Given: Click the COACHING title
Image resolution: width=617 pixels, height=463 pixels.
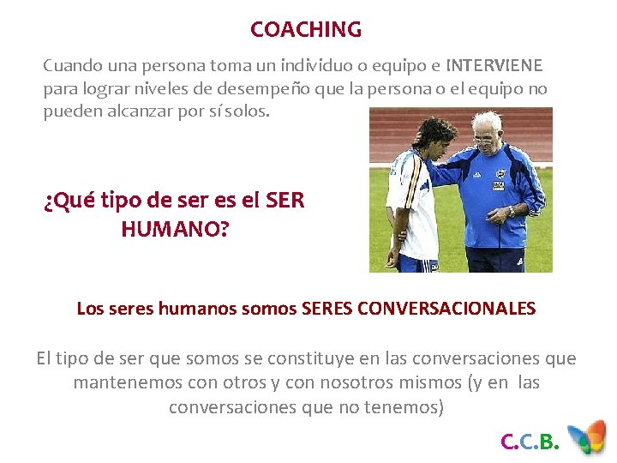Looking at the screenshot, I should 306,29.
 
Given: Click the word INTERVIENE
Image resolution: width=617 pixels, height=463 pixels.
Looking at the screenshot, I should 494,66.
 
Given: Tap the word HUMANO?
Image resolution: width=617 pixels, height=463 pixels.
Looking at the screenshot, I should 175,229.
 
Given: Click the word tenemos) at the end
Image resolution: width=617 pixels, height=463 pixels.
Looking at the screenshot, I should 410,407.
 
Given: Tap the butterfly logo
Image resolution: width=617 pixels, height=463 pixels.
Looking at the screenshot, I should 590,436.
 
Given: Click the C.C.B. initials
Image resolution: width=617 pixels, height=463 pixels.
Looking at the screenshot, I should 530,442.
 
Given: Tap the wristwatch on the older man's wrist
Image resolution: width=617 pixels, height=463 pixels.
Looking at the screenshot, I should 511,209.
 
